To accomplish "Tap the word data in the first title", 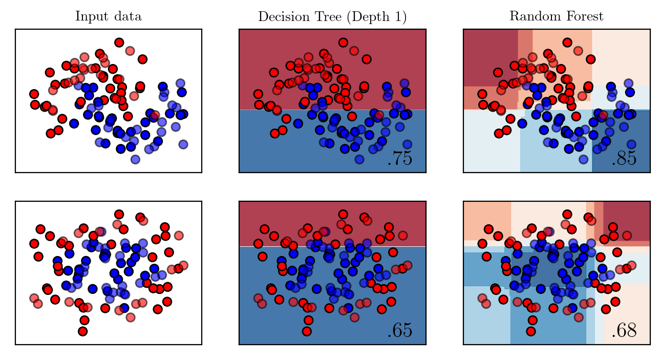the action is [x=128, y=16].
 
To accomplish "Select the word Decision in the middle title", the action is [x=284, y=16].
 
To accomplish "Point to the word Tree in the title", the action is [x=328, y=16].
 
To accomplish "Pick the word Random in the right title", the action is [x=532, y=16].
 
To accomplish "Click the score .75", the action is [x=400, y=159].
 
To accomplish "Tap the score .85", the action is [x=624, y=159].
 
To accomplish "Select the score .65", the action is [x=400, y=330].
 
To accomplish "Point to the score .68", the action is [x=624, y=330].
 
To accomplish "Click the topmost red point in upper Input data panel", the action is [x=119, y=43].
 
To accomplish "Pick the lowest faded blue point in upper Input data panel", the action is [x=135, y=159].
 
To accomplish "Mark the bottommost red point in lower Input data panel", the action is [x=83, y=331].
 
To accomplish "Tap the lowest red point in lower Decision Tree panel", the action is [x=307, y=331].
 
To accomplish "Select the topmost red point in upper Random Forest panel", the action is [x=567, y=43].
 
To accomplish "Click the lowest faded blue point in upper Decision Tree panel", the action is [x=359, y=159].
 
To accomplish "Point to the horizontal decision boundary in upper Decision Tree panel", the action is [x=332, y=110].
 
